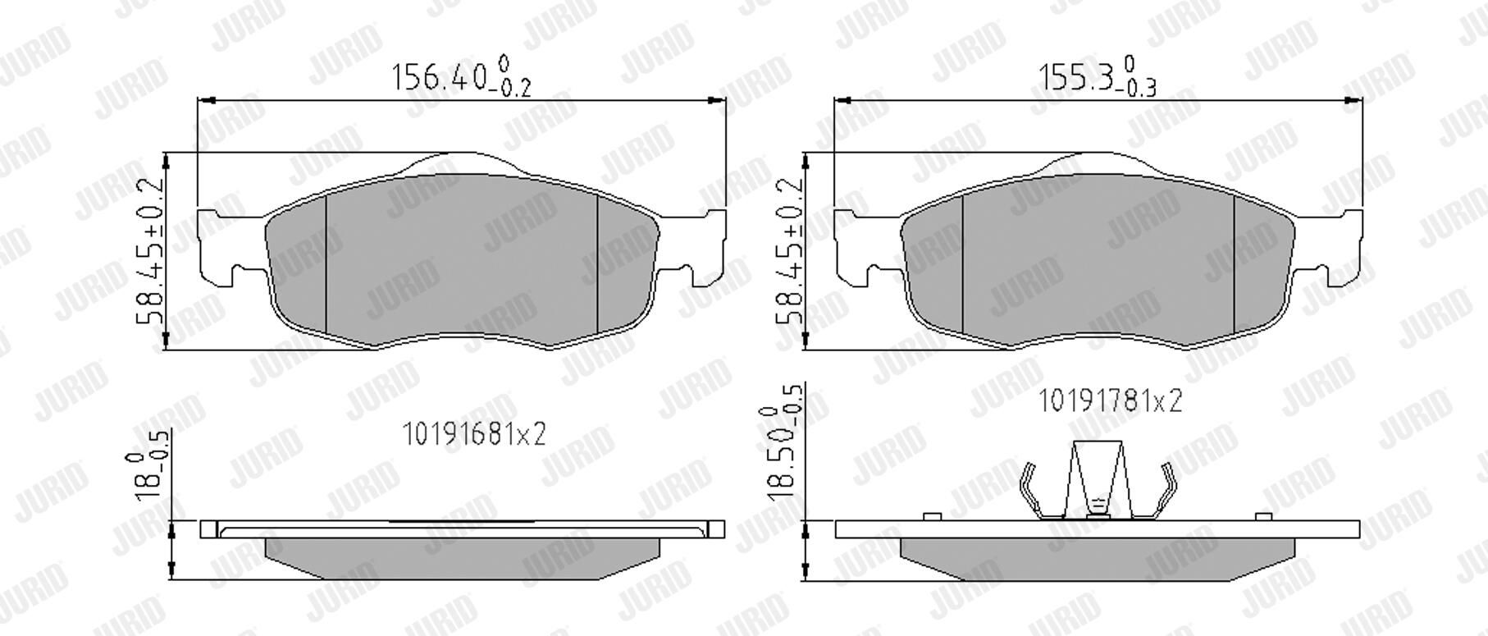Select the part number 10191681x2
[x=473, y=433]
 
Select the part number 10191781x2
[x=1111, y=401]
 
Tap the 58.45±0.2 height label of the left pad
[x=153, y=251]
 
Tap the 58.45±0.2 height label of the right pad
[x=790, y=251]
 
